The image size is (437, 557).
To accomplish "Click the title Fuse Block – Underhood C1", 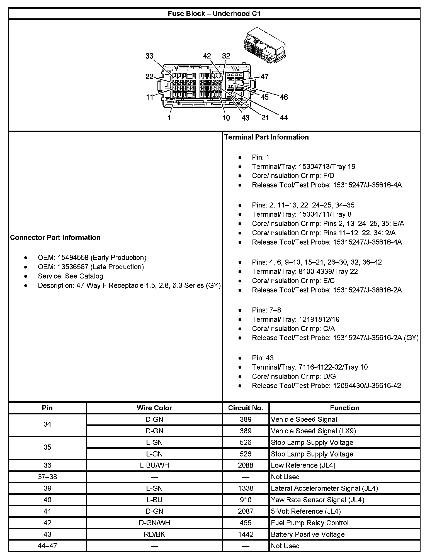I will coord(214,14).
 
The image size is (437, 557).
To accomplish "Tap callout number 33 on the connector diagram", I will coord(149,56).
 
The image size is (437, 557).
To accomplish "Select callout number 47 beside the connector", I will coord(264,77).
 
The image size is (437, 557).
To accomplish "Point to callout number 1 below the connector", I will coord(169,118).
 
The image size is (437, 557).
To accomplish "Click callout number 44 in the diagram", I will coord(283,118).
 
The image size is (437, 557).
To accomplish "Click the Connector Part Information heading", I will coord(55,238).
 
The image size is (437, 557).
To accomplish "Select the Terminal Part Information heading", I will coord(266,137).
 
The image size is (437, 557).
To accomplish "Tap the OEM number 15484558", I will coord(73,258).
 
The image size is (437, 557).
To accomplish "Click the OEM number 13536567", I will coord(73,267).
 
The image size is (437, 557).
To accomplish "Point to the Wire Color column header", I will coord(154,408).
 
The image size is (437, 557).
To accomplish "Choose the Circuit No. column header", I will coord(246,408).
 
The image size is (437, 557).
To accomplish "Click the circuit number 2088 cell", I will coord(246,465).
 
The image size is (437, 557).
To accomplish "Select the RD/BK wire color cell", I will coord(154,534).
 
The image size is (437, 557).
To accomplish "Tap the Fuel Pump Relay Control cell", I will coord(309,523).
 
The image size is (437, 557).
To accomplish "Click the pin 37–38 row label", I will coord(47,477).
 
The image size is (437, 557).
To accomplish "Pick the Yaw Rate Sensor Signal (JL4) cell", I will coord(317,500).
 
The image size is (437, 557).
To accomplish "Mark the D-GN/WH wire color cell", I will coord(154,523).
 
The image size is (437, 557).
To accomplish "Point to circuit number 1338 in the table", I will coord(246,488).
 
